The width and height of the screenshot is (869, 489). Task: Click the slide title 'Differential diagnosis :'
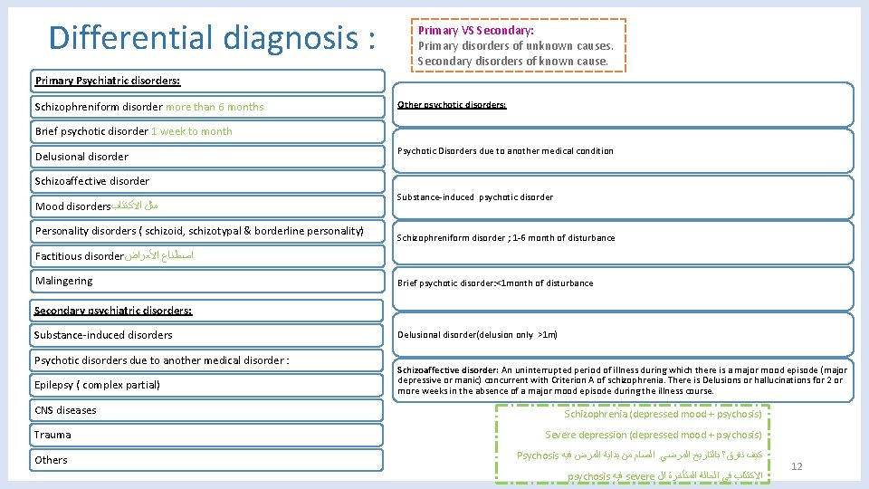pyautogui.click(x=213, y=38)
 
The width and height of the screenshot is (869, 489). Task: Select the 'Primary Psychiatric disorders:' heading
pyautogui.click(x=108, y=81)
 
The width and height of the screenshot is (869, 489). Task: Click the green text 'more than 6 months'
pyautogui.click(x=215, y=107)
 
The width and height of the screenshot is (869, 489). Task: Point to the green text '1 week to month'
pyautogui.click(x=191, y=131)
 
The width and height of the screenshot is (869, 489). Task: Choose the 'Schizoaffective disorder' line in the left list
pyautogui.click(x=92, y=181)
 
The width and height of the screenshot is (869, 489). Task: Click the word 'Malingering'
pyautogui.click(x=63, y=282)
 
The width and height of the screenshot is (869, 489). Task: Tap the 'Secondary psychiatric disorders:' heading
pyautogui.click(x=112, y=311)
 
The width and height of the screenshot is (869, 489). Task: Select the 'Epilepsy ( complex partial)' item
pyautogui.click(x=97, y=386)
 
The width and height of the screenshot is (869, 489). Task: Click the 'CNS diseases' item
pyautogui.click(x=65, y=410)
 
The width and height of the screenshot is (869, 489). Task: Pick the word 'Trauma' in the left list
pyautogui.click(x=53, y=435)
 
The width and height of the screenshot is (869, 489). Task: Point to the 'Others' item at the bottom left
pyautogui.click(x=51, y=460)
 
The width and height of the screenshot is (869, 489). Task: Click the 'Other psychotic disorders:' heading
pyautogui.click(x=452, y=105)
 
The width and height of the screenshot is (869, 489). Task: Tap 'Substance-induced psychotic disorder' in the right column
pyautogui.click(x=475, y=197)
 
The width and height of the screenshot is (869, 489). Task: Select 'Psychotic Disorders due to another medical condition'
pyautogui.click(x=505, y=151)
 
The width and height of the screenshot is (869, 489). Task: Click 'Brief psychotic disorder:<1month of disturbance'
pyautogui.click(x=495, y=283)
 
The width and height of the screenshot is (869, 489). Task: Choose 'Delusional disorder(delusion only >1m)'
pyautogui.click(x=477, y=335)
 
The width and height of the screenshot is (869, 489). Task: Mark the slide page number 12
pyautogui.click(x=797, y=466)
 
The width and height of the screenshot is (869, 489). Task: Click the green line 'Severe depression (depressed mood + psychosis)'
pyautogui.click(x=653, y=436)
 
